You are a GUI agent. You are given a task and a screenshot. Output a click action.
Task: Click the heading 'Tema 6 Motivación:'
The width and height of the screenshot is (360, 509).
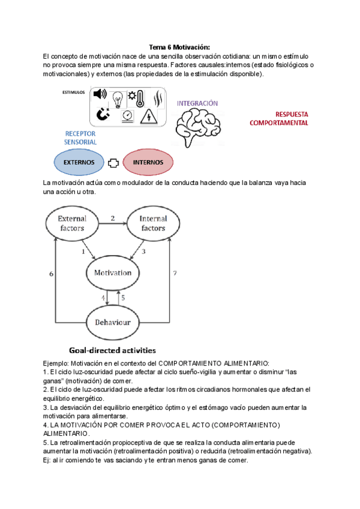[x=179, y=47]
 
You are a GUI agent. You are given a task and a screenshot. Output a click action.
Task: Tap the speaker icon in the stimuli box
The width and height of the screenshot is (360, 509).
[x=100, y=94]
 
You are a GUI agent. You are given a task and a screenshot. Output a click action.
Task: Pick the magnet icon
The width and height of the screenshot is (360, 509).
[x=103, y=114]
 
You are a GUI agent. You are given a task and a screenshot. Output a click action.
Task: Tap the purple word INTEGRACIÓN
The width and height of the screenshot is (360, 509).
[x=197, y=103]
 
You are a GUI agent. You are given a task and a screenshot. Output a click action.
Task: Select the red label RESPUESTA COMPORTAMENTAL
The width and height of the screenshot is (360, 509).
[x=278, y=118]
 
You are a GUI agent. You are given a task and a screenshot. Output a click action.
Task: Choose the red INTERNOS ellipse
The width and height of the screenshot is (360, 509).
[x=148, y=162]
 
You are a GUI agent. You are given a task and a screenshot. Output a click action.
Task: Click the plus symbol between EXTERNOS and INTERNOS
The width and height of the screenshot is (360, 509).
[x=113, y=162]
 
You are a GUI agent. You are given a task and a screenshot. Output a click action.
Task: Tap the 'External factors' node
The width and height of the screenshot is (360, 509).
[x=72, y=223]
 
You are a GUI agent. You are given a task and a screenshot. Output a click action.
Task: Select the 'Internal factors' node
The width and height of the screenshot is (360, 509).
[x=152, y=223]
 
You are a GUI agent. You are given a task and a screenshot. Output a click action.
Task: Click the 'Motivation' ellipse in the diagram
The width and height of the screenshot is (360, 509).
[x=112, y=273]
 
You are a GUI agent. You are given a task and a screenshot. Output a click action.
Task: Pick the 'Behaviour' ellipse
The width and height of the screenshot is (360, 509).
[x=112, y=322]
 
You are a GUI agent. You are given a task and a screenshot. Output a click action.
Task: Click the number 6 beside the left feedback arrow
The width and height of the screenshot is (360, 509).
[x=51, y=273]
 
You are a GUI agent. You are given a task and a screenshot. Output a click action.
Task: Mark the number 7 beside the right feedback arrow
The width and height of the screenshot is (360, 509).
[x=174, y=273]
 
